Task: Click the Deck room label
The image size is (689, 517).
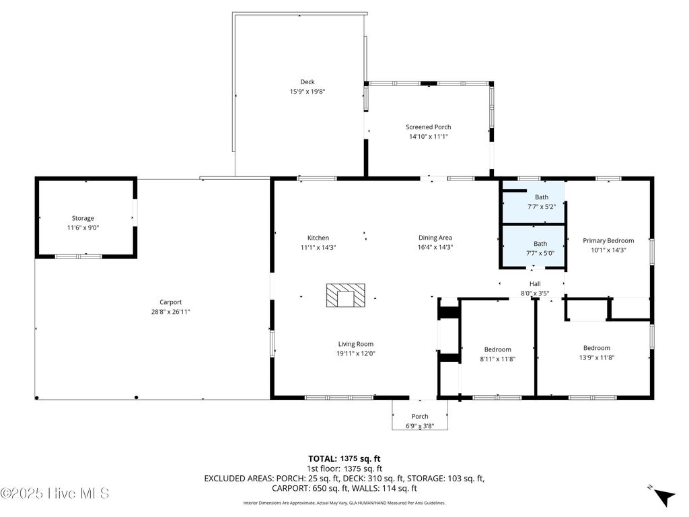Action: click(307, 82)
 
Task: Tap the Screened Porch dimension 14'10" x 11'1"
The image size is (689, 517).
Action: click(428, 137)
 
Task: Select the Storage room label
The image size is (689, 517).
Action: click(83, 218)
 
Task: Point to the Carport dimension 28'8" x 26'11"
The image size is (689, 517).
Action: click(170, 312)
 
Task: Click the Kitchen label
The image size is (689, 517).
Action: click(318, 238)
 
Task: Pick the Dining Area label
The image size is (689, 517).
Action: click(435, 238)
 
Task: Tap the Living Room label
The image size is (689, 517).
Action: click(355, 344)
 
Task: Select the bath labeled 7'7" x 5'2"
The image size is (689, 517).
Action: click(541, 202)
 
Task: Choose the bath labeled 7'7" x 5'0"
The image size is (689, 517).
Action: click(541, 248)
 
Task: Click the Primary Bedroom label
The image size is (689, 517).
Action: click(608, 240)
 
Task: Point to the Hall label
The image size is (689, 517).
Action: click(535, 284)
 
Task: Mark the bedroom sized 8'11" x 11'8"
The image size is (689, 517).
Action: click(497, 354)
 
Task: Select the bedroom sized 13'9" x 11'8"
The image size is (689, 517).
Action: click(596, 353)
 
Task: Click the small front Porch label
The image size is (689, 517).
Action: click(420, 416)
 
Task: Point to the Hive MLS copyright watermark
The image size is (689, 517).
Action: click(55, 493)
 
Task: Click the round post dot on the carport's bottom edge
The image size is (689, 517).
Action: click(137, 398)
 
